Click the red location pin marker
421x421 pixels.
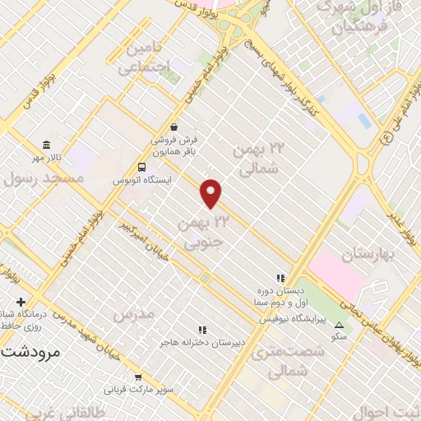tap(211, 193)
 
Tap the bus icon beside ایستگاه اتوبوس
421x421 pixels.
tap(142, 167)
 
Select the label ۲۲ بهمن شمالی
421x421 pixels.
tap(257, 159)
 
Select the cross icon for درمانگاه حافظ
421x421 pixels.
tap(21, 302)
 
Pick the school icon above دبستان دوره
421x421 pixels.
tap(280, 278)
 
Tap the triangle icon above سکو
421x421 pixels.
tap(339, 325)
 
